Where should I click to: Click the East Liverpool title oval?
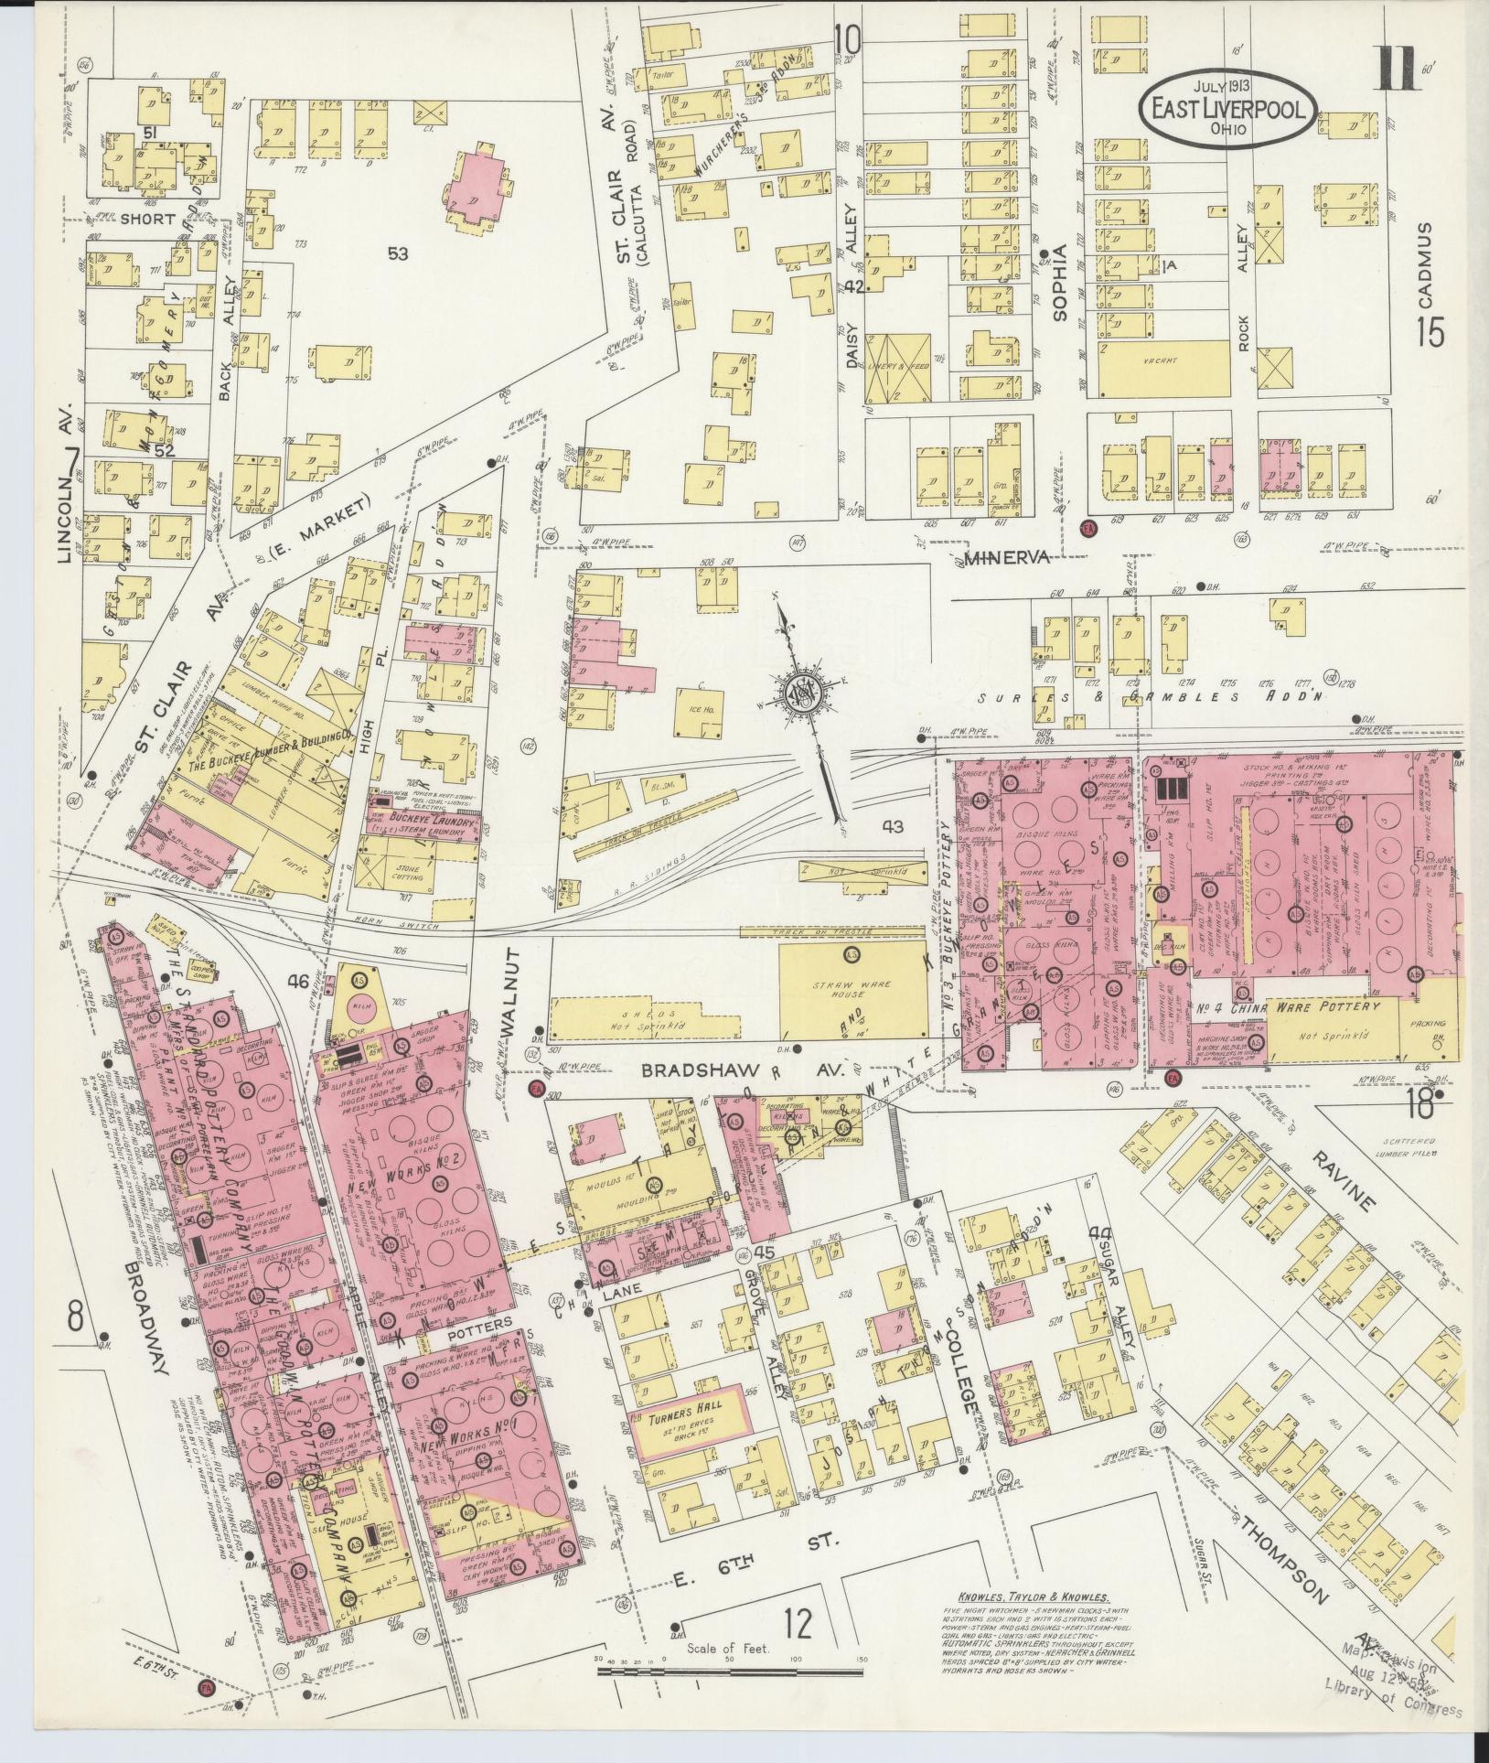(1227, 107)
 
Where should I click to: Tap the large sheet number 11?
(1398, 66)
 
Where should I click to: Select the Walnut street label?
(511, 996)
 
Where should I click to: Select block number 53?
(397, 253)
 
